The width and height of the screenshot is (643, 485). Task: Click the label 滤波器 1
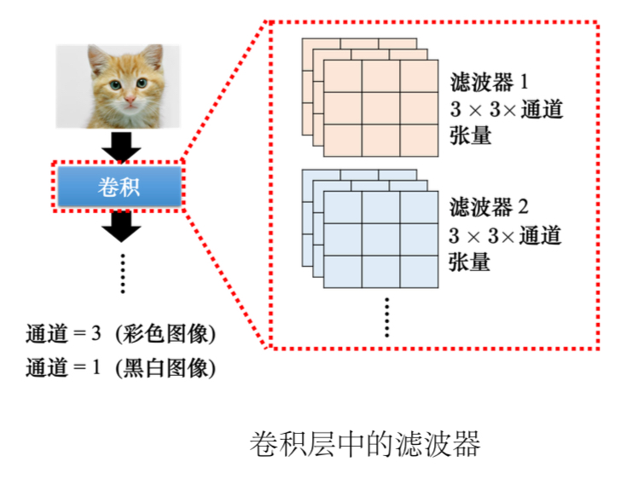489,83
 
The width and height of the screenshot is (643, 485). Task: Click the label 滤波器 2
489,207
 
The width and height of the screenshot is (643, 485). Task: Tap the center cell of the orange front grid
380,108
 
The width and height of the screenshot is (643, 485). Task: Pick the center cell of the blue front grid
380,240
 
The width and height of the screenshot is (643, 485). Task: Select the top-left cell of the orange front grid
343,76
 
